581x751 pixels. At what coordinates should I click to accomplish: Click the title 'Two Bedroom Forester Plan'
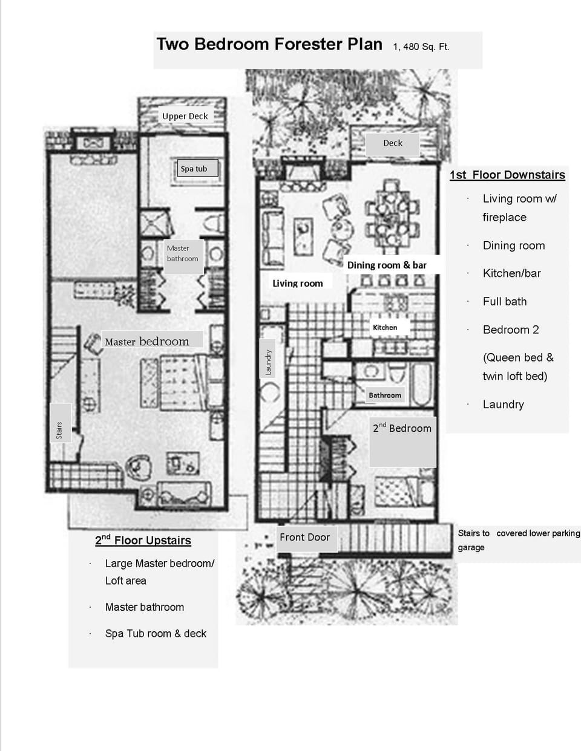(x=269, y=45)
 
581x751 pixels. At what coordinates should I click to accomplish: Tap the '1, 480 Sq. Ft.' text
(x=421, y=47)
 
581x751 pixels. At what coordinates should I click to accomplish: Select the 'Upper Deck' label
(x=185, y=116)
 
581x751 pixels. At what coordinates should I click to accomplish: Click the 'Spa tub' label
(x=194, y=169)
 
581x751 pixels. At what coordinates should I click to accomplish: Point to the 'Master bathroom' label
(x=182, y=253)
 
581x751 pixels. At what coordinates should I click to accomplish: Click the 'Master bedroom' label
(x=146, y=342)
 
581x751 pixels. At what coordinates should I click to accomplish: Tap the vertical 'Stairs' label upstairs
(x=59, y=430)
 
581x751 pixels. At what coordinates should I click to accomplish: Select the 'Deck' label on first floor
(x=392, y=143)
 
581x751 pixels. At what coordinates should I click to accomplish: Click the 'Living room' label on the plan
(x=297, y=283)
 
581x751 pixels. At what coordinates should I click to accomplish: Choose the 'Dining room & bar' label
(x=387, y=265)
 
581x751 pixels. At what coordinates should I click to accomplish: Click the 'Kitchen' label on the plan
(x=385, y=327)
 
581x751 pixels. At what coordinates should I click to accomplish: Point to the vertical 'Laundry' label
(x=269, y=362)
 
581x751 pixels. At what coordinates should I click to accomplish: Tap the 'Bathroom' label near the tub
(x=385, y=395)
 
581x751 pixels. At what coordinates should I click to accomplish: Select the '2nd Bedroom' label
(x=402, y=428)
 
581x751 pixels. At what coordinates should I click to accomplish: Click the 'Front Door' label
(x=304, y=537)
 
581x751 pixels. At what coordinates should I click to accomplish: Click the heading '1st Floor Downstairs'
(x=507, y=175)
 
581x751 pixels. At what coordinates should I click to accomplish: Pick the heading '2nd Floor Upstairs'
(x=143, y=541)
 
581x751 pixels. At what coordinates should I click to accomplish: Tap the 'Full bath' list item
(x=505, y=301)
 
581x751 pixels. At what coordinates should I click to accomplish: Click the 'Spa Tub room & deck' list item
(x=156, y=634)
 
